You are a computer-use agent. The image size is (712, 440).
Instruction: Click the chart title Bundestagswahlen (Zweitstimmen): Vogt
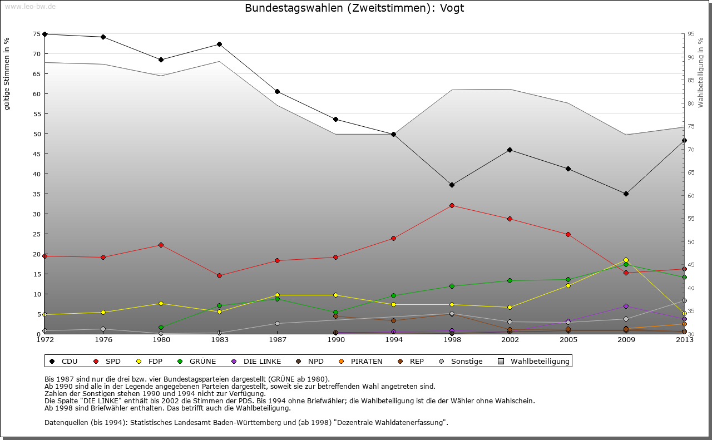point(354,8)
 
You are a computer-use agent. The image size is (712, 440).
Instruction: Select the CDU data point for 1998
point(452,185)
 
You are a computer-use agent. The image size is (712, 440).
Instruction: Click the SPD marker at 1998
point(452,205)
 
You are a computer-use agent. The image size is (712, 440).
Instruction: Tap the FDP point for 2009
point(626,260)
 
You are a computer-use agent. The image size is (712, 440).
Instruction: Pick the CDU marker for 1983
point(219,44)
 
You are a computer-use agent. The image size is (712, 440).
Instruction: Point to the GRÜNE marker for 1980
point(161,327)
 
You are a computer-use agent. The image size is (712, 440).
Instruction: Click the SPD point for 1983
point(219,275)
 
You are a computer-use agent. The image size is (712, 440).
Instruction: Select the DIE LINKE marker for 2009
point(626,306)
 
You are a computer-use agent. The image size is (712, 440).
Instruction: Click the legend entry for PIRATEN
point(367,362)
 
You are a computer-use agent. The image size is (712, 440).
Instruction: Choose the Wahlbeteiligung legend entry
point(540,362)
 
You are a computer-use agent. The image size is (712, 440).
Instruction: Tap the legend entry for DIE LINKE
point(262,362)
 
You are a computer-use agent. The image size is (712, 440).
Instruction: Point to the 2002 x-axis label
point(510,340)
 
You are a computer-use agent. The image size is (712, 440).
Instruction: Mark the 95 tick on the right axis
point(691,34)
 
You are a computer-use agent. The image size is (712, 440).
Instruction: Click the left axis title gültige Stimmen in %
point(7,74)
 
